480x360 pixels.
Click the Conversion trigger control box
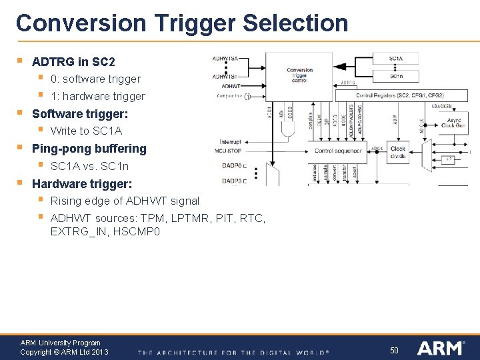click(x=299, y=75)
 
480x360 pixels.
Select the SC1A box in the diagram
click(x=396, y=59)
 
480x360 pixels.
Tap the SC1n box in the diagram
click(x=396, y=76)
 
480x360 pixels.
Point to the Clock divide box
click(x=398, y=153)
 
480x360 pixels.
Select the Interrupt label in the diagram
click(x=231, y=142)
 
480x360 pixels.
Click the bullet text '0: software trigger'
click(x=95, y=79)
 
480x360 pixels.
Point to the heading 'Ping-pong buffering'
click(x=89, y=149)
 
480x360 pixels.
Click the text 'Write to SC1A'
click(x=86, y=131)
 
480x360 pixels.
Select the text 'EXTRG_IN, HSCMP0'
click(x=105, y=232)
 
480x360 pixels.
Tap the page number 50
click(x=394, y=350)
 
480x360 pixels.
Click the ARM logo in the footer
click(x=439, y=348)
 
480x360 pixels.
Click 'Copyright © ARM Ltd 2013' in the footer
click(x=64, y=352)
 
